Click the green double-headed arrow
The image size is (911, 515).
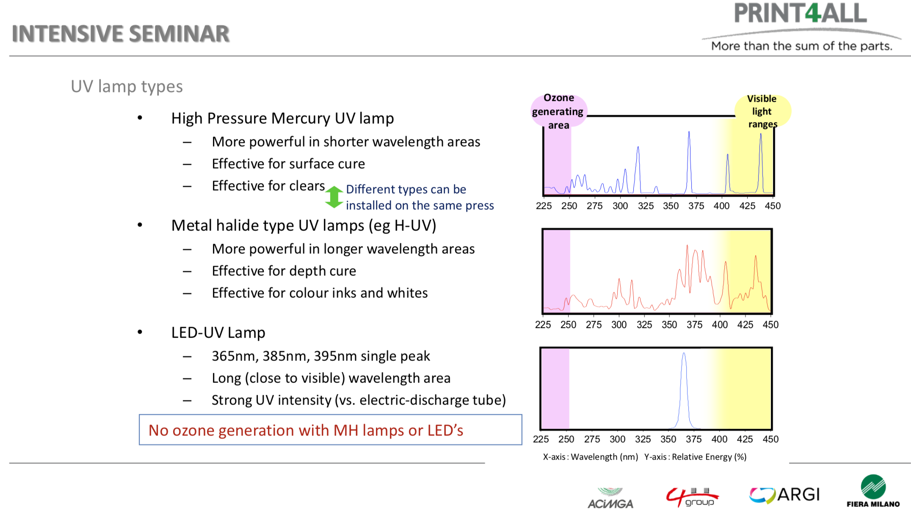334,197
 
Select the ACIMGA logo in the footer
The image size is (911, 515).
610,498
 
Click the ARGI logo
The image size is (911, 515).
784,495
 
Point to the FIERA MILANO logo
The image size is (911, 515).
873,491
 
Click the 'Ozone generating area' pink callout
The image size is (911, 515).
558,111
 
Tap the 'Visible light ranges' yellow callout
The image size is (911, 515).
762,111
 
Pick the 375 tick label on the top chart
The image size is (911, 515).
696,206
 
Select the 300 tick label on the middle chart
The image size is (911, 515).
619,325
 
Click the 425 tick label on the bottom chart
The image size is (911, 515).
745,439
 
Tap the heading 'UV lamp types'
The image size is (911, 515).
127,86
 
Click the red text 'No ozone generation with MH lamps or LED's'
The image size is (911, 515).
306,430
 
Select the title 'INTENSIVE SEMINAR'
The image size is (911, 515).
121,34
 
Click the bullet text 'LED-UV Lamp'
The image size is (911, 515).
218,332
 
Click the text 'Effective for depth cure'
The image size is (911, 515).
284,271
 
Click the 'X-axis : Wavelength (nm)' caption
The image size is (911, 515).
590,457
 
